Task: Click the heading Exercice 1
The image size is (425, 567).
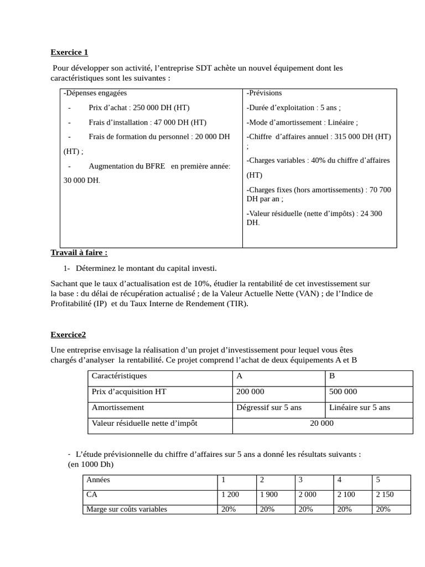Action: tap(69, 53)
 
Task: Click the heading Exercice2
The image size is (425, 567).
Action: tap(68, 334)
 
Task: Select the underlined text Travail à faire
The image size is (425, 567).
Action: tap(79, 252)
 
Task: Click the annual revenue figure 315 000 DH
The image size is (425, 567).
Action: tap(360, 136)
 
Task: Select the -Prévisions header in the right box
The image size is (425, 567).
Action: tap(264, 93)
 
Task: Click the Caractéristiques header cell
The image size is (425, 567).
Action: tap(119, 376)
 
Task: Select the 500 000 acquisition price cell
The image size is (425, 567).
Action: tap(343, 391)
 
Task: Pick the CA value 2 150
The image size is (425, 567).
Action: tap(385, 494)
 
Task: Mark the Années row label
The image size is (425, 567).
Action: tap(99, 480)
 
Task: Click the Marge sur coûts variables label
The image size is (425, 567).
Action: tap(127, 509)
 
